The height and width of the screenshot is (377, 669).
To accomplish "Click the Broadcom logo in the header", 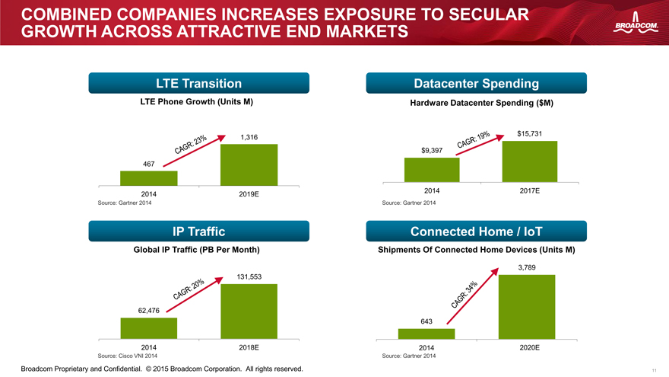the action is click(x=636, y=23).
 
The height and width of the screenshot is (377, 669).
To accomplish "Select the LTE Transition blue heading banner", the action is click(x=199, y=83).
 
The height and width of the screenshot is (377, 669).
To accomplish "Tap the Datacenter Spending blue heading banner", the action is click(x=476, y=83).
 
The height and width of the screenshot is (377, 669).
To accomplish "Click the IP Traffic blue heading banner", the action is click(x=199, y=232).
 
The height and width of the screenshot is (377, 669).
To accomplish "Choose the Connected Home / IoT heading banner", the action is click(x=476, y=232).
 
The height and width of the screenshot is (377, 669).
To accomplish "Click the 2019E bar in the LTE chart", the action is click(x=249, y=165).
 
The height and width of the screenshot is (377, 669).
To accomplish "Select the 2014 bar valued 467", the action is click(x=148, y=178).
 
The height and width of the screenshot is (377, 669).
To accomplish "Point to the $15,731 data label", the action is click(x=529, y=134).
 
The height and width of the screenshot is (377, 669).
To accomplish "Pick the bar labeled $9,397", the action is click(x=432, y=170).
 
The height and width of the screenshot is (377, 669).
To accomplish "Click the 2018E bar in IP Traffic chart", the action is click(x=249, y=312).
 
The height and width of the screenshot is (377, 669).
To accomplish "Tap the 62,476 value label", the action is click(x=148, y=310).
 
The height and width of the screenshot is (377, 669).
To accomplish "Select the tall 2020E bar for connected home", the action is click(x=527, y=307).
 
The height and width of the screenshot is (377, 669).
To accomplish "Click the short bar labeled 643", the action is click(x=426, y=334).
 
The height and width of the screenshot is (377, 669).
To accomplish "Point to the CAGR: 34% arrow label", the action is click(x=464, y=295).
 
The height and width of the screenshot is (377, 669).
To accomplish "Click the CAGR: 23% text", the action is click(x=190, y=144).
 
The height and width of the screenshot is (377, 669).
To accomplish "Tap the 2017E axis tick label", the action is click(x=529, y=190).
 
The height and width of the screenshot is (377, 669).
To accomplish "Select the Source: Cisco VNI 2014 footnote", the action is click(x=127, y=356).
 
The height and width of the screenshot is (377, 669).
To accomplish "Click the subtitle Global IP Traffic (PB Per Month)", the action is click(x=197, y=250).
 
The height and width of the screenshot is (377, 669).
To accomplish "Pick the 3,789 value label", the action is click(x=527, y=267).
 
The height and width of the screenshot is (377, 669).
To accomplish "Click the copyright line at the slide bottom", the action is click(x=162, y=369).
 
